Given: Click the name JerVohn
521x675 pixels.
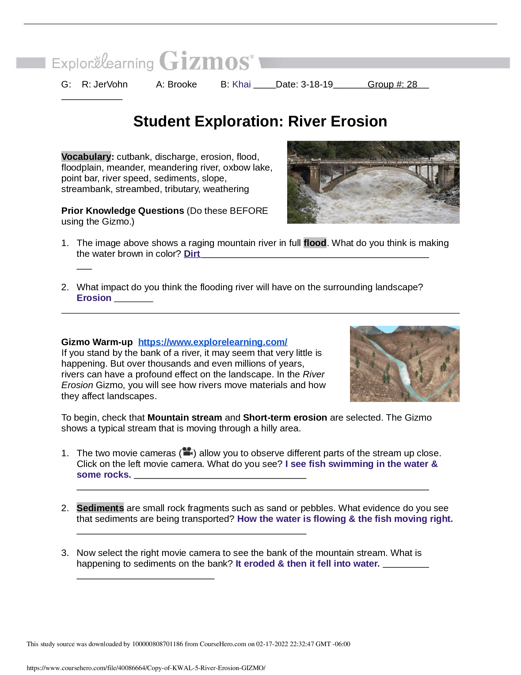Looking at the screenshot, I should tap(110, 84).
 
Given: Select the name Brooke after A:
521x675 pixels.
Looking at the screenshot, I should tap(182, 84).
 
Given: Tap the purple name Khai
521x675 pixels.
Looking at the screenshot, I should tap(241, 84).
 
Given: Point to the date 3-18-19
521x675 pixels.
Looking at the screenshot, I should tap(317, 84).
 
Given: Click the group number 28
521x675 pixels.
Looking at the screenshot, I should tap(412, 84).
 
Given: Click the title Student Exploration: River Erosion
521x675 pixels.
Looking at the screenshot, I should tap(260, 121).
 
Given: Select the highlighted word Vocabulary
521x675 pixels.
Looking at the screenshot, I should tap(86, 157).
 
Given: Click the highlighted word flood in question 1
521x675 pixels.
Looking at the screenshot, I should tap(314, 243).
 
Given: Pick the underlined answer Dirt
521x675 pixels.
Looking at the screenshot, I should tap(192, 254).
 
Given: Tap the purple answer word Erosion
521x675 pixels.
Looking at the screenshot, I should tap(94, 298).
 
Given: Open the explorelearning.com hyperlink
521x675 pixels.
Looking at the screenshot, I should tap(213, 342).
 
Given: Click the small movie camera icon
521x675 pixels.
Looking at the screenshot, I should tap(187, 452).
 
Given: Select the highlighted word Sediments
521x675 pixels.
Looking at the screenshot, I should tap(100, 508).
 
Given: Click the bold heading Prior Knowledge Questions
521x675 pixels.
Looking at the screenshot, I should tap(123, 211).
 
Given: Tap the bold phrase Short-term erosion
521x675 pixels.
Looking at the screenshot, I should tap(285, 418).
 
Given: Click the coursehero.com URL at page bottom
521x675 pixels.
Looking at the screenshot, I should tap(146, 668).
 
